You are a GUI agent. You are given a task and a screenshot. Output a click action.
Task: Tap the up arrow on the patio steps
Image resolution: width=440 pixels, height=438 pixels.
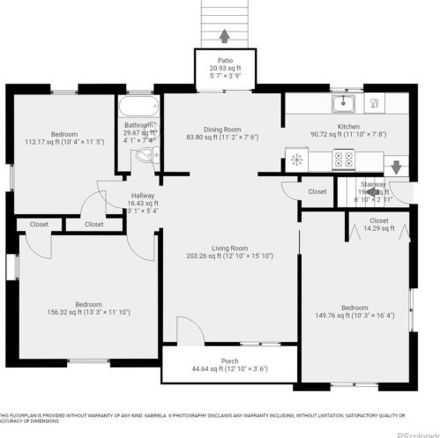click(x=224, y=36)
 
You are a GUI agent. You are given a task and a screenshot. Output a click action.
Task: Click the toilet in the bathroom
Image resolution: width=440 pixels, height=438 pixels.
click(x=145, y=157)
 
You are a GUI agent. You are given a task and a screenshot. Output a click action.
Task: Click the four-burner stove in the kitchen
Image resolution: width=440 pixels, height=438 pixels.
click(x=342, y=160)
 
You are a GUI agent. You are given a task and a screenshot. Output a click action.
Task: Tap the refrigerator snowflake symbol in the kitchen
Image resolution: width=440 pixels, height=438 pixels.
click(x=297, y=160)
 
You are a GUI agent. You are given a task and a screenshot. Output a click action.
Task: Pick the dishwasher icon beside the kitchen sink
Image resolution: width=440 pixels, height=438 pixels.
click(x=374, y=105)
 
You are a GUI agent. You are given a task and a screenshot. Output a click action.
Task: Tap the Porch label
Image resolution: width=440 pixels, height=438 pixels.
click(x=229, y=361)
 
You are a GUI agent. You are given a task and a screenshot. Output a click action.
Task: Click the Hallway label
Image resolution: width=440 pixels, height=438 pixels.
click(x=143, y=197)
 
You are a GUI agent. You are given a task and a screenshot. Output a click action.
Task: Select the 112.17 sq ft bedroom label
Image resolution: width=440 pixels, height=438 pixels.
click(x=64, y=135)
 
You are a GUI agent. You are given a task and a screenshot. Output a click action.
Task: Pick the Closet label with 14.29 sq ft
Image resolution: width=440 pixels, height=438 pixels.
click(x=378, y=220)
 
